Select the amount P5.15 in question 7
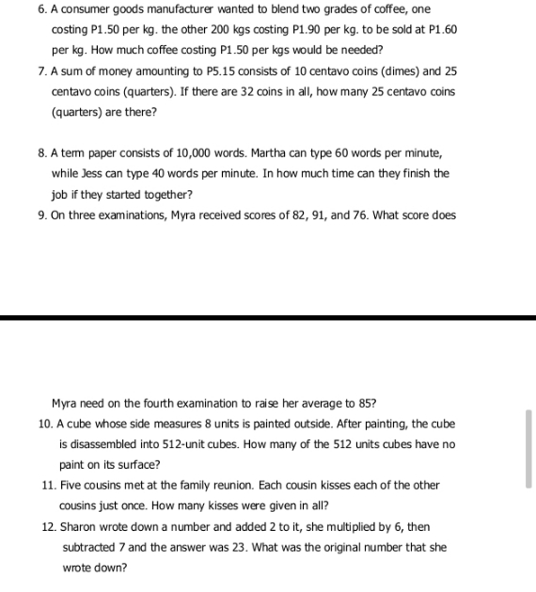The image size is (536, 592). [x=238, y=72]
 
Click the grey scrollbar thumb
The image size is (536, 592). [x=528, y=448]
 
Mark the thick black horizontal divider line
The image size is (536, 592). [x=268, y=318]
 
